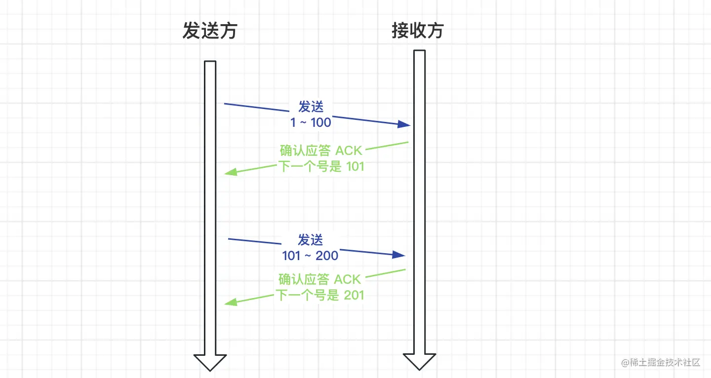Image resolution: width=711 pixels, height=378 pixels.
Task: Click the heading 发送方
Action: [x=210, y=31]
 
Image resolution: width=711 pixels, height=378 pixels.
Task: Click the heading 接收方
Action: [x=418, y=31]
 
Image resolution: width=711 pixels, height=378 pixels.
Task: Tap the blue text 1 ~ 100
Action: [x=311, y=122]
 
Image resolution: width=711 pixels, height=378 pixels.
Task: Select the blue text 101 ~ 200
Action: [x=310, y=256]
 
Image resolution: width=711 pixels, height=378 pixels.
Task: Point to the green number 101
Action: [x=355, y=166]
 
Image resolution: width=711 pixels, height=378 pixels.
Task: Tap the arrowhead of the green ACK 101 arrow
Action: [x=230, y=172]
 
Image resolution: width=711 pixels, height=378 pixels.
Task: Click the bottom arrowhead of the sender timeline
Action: [x=210, y=362]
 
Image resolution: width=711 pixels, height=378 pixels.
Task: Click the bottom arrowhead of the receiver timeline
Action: [x=419, y=362]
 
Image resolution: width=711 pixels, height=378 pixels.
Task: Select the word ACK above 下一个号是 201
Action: [x=348, y=279]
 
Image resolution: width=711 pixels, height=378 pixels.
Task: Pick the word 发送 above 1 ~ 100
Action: [x=311, y=107]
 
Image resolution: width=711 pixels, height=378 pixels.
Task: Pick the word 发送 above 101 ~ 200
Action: [x=310, y=240]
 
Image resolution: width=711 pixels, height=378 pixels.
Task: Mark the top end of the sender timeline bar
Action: [x=210, y=62]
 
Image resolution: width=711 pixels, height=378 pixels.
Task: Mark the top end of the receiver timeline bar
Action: [x=419, y=51]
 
